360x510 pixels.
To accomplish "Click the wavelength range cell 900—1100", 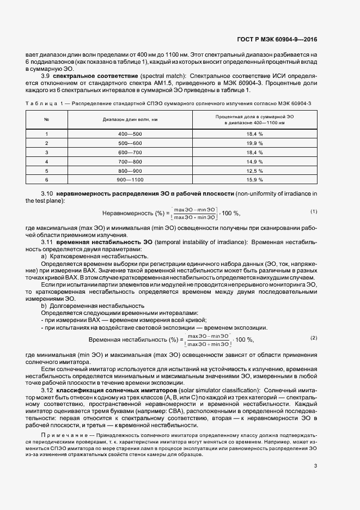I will coord(130,179).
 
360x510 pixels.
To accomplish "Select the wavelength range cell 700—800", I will coord(130,161).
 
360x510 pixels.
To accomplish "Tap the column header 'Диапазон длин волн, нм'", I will coord(130,119).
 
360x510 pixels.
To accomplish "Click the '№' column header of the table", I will coord(47,119).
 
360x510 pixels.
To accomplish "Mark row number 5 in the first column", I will coord(47,171).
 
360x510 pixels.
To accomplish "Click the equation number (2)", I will coord(314,338).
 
